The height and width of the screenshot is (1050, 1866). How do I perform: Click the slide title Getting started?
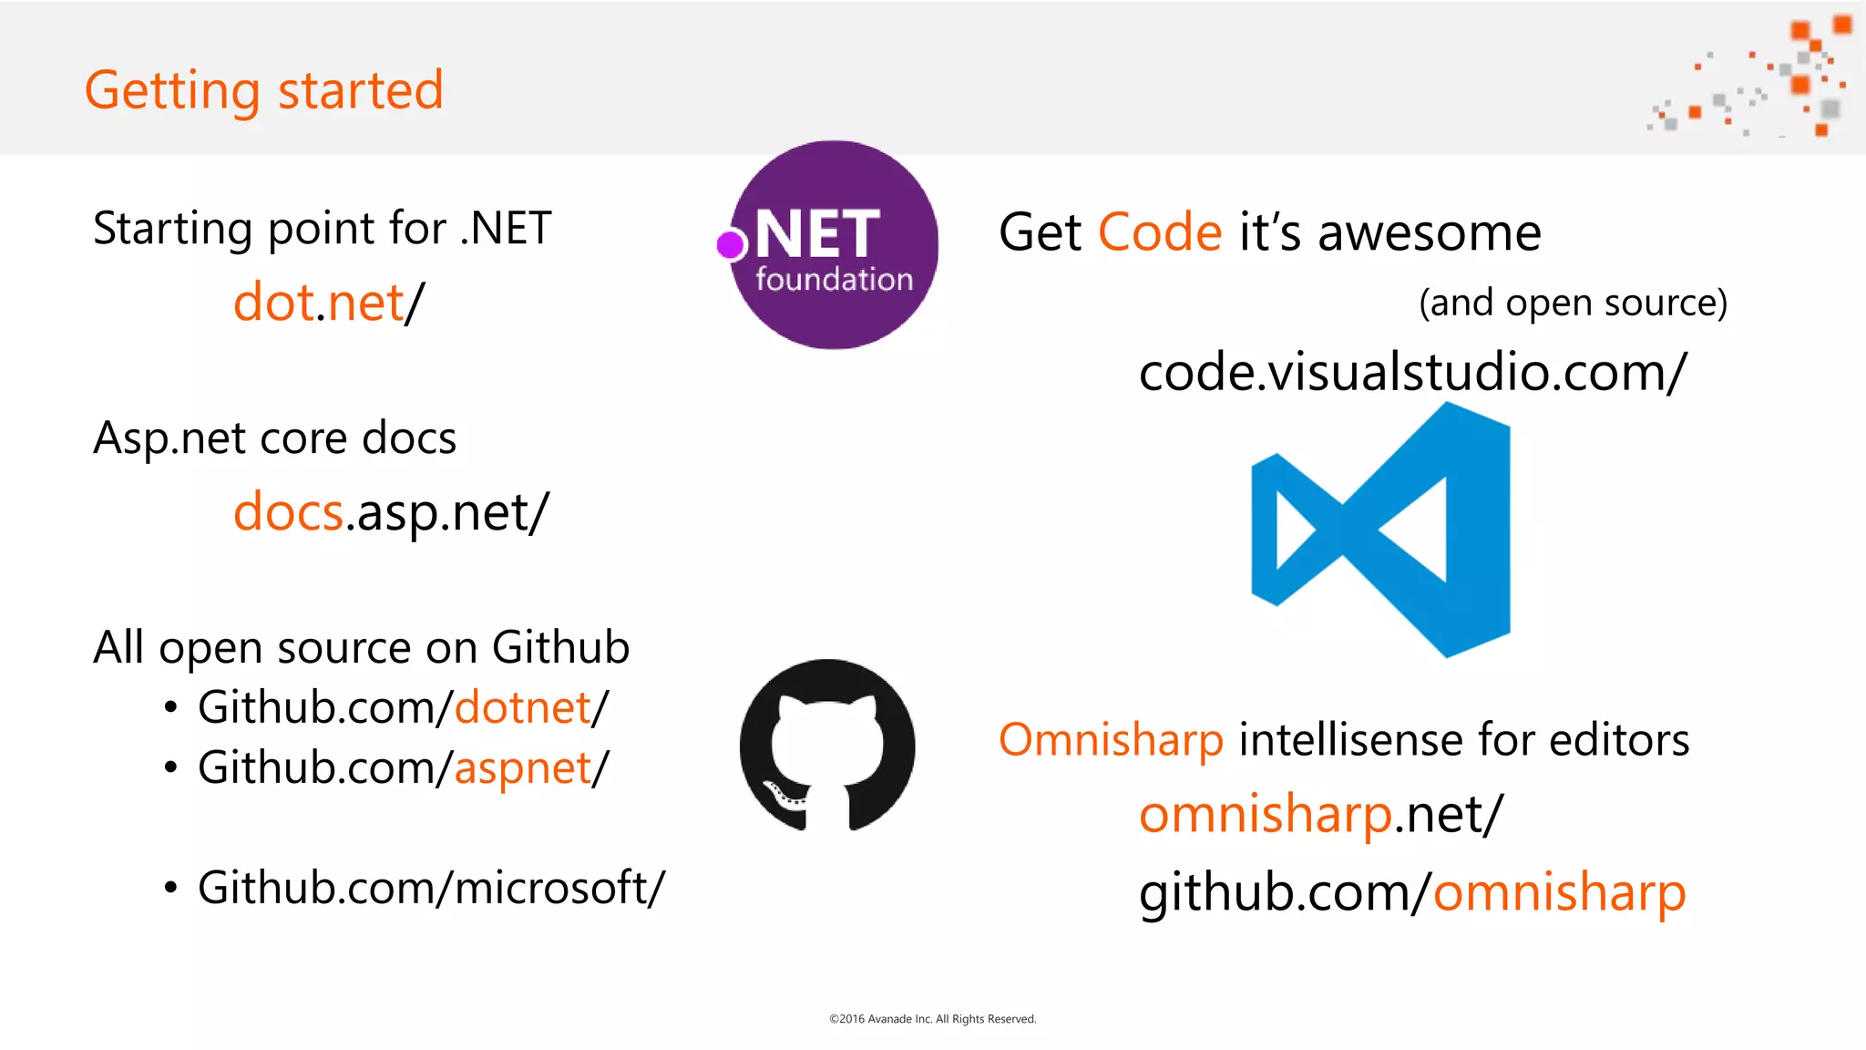pos(263,90)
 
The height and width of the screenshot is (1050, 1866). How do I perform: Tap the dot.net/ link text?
pos(329,303)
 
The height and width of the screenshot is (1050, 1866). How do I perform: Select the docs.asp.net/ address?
pos(391,512)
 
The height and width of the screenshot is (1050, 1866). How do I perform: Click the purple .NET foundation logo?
pos(834,244)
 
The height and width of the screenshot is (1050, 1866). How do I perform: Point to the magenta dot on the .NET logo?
pos(730,244)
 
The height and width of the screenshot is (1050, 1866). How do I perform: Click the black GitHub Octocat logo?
pos(827,746)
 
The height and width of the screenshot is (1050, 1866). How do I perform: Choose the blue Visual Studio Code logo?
pos(1381,530)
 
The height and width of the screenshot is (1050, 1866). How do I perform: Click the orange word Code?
pos(1159,232)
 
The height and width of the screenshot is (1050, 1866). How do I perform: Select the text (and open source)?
pos(1573,303)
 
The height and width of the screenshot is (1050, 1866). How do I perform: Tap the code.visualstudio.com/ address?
pos(1412,373)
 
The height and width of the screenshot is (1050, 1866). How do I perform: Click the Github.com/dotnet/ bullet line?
pos(403,708)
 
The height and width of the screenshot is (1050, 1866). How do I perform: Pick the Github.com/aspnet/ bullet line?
pos(403,768)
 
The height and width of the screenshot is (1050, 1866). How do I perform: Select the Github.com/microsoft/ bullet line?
pos(431,888)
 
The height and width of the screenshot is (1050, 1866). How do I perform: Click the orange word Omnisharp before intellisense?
pos(1111,739)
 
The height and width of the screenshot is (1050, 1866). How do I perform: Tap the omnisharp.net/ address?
pos(1320,814)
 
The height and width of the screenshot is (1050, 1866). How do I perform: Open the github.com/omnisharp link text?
pos(1412,892)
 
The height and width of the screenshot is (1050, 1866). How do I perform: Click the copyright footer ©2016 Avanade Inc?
pos(932,1019)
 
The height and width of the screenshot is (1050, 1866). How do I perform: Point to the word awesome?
pos(1429,232)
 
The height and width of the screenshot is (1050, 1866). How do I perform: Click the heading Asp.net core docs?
pos(274,438)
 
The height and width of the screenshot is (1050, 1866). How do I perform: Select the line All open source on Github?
pos(361,648)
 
